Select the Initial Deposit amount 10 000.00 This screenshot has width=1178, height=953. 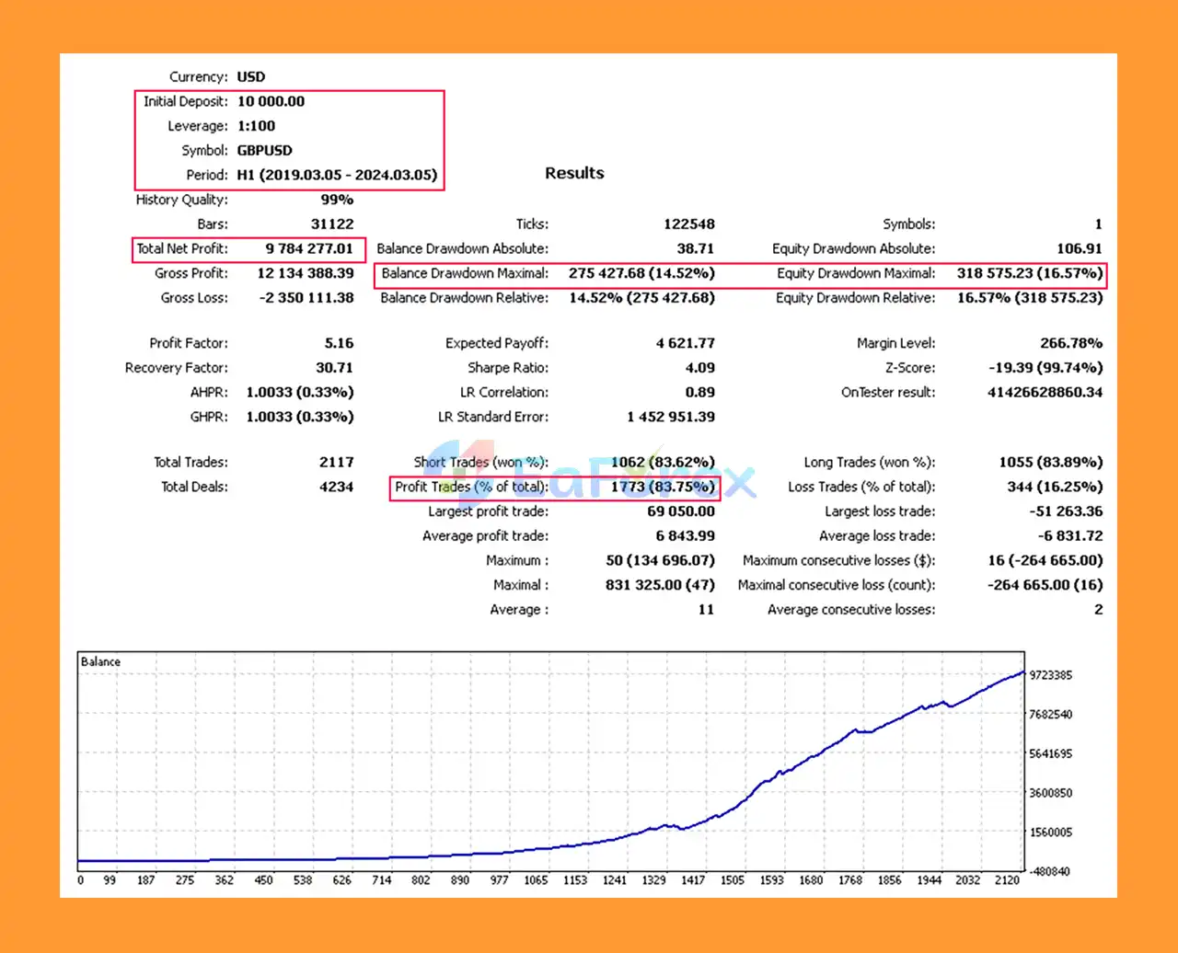click(x=271, y=101)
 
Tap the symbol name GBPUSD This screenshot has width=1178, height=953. click(x=265, y=150)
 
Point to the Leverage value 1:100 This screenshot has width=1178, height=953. click(x=256, y=126)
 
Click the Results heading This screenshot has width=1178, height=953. click(x=574, y=173)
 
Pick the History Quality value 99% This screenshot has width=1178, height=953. click(x=337, y=200)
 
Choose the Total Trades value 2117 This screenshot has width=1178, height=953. click(x=335, y=463)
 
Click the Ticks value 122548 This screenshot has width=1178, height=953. click(x=689, y=224)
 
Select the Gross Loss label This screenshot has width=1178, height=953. click(x=193, y=298)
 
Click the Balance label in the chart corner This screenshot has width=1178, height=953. click(x=100, y=661)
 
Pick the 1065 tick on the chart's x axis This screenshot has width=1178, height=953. click(x=537, y=880)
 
